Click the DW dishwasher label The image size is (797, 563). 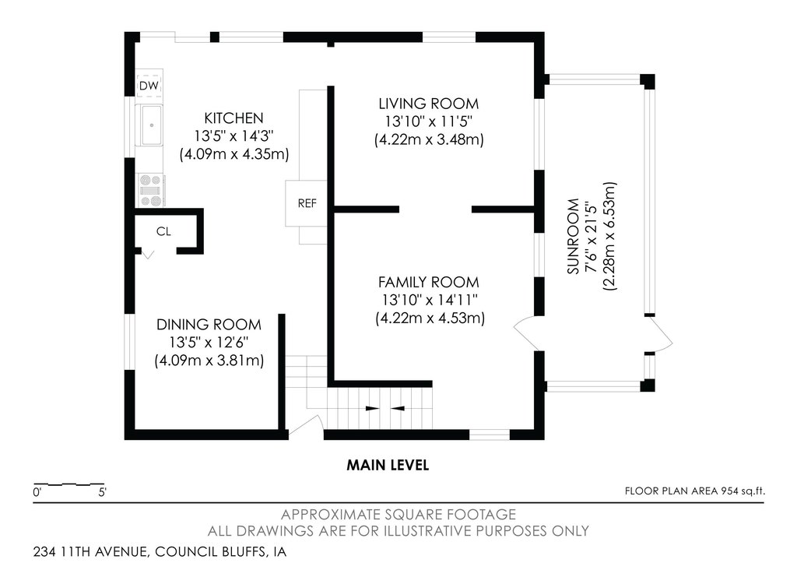149,86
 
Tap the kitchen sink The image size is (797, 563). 151,125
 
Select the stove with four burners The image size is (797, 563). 151,191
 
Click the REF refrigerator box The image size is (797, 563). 307,203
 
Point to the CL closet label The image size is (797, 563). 163,231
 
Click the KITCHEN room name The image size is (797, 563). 233,118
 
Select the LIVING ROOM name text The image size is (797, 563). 429,104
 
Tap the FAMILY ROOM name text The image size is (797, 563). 429,282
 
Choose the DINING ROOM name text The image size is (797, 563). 209,325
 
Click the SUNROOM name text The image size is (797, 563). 574,236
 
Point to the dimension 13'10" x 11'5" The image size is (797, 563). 429,121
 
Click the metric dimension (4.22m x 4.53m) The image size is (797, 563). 430,318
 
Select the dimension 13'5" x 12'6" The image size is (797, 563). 209,343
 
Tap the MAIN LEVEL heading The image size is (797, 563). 388,465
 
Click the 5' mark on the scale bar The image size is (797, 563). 102,492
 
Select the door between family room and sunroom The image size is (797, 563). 526,333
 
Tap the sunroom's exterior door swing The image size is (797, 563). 660,334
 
